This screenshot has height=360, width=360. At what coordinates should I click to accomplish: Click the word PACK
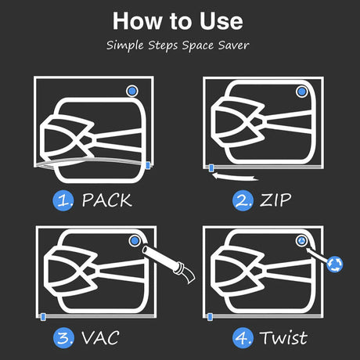(x=106, y=200)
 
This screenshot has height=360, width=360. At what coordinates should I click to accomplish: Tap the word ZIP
(x=275, y=200)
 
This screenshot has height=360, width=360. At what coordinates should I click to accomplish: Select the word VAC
(x=101, y=338)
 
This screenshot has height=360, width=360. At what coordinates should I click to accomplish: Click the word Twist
(x=283, y=338)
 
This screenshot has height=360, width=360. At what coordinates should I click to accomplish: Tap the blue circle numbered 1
(x=63, y=200)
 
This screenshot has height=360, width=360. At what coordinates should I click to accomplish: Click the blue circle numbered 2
(x=243, y=200)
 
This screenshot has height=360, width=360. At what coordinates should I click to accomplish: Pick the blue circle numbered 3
(x=63, y=338)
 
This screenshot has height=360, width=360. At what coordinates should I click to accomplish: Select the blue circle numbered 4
(x=243, y=338)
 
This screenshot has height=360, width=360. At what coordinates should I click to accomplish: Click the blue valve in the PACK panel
(x=132, y=91)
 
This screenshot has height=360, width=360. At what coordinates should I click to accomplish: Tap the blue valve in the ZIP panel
(x=302, y=92)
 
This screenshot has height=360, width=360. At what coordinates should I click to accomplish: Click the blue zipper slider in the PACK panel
(x=148, y=165)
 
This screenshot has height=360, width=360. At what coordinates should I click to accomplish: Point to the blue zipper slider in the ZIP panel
(x=211, y=168)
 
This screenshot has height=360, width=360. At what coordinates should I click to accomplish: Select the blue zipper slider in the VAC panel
(x=43, y=317)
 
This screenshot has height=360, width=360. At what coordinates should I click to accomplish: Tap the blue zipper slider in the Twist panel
(x=210, y=317)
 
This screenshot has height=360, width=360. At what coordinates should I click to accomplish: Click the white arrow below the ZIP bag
(x=235, y=177)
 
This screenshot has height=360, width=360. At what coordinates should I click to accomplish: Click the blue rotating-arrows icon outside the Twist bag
(x=335, y=265)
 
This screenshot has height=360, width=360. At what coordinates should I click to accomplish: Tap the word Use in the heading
(x=221, y=21)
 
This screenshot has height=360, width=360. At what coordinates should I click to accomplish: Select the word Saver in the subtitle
(x=233, y=45)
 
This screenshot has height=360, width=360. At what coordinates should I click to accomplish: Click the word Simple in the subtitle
(x=125, y=45)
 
